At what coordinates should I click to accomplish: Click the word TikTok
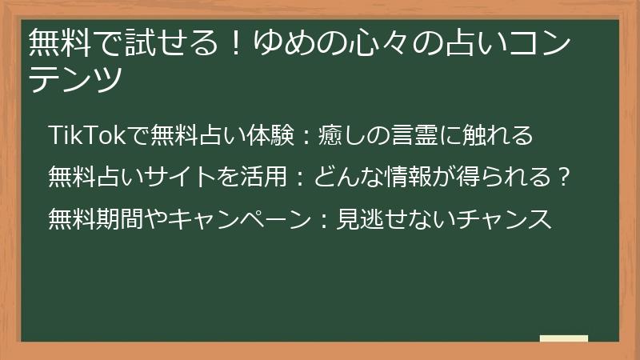point(87,135)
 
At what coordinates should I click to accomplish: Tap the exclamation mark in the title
point(235,42)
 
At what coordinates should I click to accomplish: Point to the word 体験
point(270,135)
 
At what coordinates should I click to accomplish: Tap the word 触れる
point(498,135)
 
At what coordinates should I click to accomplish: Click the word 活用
point(264,177)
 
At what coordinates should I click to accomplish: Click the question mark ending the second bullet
point(564,177)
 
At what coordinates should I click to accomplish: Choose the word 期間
point(119,218)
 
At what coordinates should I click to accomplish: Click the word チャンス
point(504,218)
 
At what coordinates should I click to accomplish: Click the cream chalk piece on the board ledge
point(564,338)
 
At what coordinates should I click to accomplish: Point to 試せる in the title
point(172,42)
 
